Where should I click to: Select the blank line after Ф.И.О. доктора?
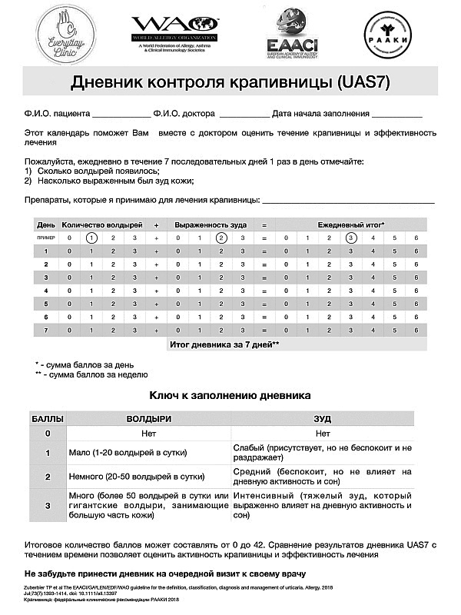point(244,115)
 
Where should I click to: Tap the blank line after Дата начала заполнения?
point(396,115)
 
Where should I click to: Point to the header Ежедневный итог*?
point(351,224)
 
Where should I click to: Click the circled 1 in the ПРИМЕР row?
point(91,238)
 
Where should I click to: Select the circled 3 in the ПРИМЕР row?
point(351,238)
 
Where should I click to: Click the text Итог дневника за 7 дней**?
point(223,344)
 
